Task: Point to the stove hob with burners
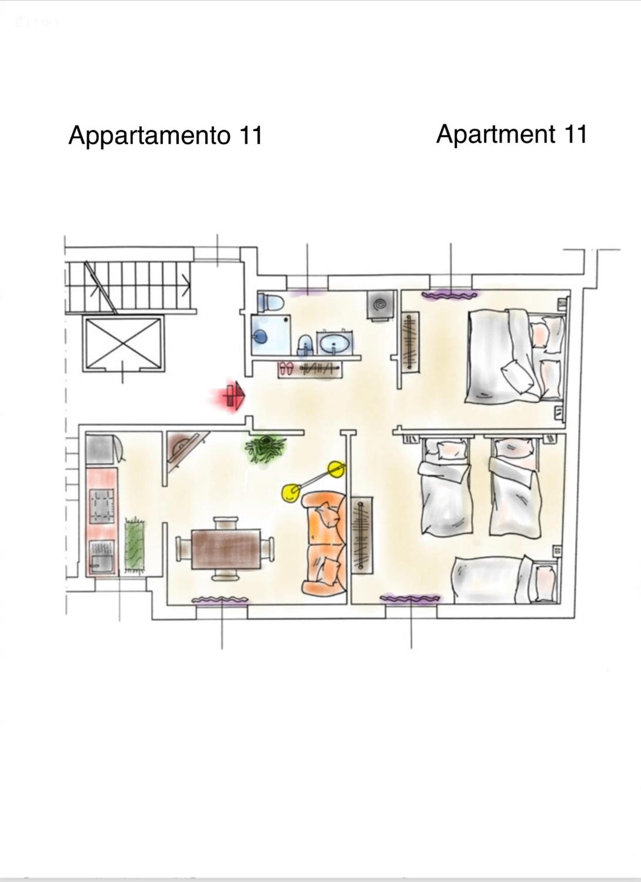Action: click(x=102, y=506)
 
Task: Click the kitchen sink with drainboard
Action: click(x=102, y=558)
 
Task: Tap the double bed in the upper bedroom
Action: click(x=515, y=356)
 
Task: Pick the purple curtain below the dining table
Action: click(x=220, y=600)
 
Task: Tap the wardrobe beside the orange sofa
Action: click(x=362, y=535)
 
